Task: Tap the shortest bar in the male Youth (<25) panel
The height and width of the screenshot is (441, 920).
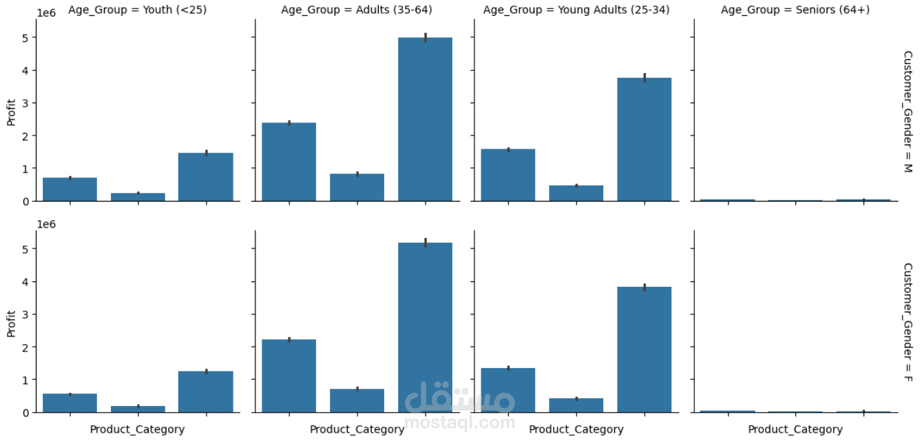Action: tap(138, 197)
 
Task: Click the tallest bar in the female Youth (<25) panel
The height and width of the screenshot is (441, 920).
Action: tap(205, 391)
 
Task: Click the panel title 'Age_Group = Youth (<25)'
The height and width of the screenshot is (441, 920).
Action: tap(137, 10)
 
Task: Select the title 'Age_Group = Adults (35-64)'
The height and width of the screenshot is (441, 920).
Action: tap(357, 10)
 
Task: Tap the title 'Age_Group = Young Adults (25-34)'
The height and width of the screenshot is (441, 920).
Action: tap(575, 10)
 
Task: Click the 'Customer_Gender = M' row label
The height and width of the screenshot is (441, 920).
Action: tap(907, 111)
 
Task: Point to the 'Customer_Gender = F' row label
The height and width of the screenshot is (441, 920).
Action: tap(907, 322)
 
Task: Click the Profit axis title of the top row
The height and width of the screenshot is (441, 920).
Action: tap(11, 113)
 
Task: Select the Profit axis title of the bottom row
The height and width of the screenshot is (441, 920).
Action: tap(11, 323)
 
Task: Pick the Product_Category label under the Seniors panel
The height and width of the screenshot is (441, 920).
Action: tap(795, 429)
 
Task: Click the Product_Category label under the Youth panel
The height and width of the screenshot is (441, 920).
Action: tap(137, 429)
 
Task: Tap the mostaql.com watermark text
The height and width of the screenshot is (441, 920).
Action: tap(459, 422)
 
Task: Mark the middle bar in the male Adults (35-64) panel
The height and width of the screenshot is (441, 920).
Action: tap(357, 187)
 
